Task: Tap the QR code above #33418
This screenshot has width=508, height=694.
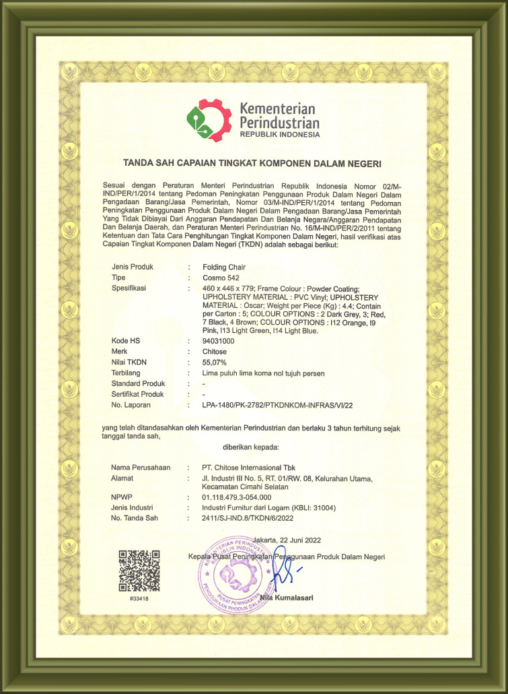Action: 139,570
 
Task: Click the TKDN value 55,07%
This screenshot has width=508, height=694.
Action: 215,362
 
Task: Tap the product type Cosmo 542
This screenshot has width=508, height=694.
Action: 220,278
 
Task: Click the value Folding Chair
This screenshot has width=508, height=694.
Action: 224,267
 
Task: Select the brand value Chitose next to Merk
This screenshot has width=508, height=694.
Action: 215,352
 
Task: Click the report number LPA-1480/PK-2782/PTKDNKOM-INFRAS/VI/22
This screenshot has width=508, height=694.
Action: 277,405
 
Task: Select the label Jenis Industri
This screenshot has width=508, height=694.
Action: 133,507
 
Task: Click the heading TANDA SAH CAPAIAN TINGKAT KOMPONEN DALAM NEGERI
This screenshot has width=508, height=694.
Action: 252,163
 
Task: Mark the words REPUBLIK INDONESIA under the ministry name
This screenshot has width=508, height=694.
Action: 279,135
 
